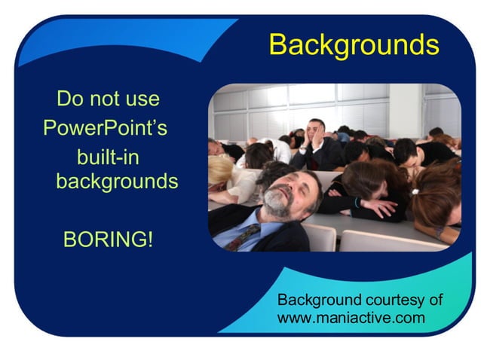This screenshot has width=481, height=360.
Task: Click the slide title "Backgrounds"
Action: tap(354, 45)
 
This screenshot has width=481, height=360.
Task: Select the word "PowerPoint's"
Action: tap(105, 127)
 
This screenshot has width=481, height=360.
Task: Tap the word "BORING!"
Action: tap(108, 240)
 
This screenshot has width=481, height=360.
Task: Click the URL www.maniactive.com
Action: tap(351, 318)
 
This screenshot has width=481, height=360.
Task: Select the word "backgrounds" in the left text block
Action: tap(117, 182)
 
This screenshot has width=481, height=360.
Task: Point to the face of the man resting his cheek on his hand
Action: tap(317, 133)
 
